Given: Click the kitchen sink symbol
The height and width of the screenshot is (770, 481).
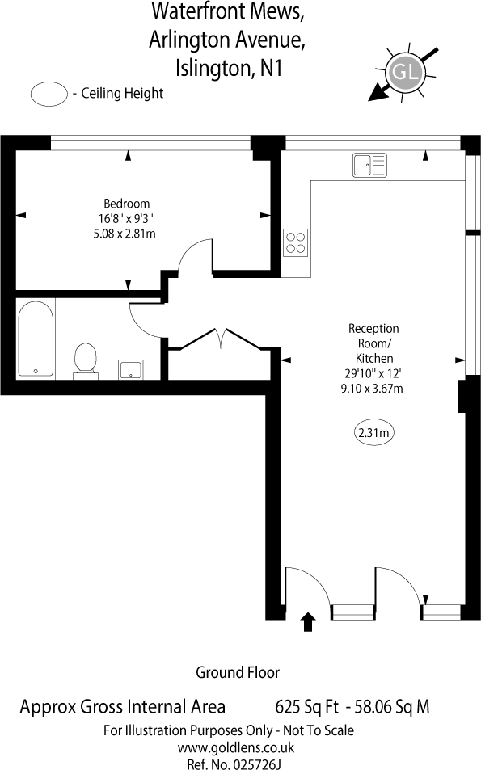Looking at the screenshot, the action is pyautogui.click(x=369, y=165).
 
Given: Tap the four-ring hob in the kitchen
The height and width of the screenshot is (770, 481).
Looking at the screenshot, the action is pyautogui.click(x=295, y=242).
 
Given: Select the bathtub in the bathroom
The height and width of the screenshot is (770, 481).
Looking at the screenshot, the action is pyautogui.click(x=36, y=339).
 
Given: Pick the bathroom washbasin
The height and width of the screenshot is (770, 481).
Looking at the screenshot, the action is pyautogui.click(x=131, y=369).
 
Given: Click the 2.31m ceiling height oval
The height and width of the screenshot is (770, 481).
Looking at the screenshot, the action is pyautogui.click(x=374, y=432).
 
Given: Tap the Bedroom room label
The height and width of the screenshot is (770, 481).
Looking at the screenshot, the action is pyautogui.click(x=126, y=204).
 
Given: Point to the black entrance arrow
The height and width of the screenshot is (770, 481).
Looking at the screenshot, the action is pyautogui.click(x=308, y=621).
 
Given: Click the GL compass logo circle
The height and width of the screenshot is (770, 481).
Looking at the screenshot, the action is pyautogui.click(x=404, y=72).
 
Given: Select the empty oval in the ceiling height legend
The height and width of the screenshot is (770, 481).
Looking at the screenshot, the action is pyautogui.click(x=49, y=93).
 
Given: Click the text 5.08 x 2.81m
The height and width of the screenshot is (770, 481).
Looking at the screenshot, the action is pyautogui.click(x=124, y=234).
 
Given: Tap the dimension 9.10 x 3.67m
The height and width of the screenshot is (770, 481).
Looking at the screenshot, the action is pyautogui.click(x=372, y=389).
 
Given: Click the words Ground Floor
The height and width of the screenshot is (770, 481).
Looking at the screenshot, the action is pyautogui.click(x=238, y=672).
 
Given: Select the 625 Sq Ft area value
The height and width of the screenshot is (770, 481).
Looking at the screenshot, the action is pyautogui.click(x=306, y=707).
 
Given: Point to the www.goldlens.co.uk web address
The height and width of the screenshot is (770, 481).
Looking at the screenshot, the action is pyautogui.click(x=236, y=748).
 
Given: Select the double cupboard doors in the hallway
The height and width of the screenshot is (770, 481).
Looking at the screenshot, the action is pyautogui.click(x=221, y=339).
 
